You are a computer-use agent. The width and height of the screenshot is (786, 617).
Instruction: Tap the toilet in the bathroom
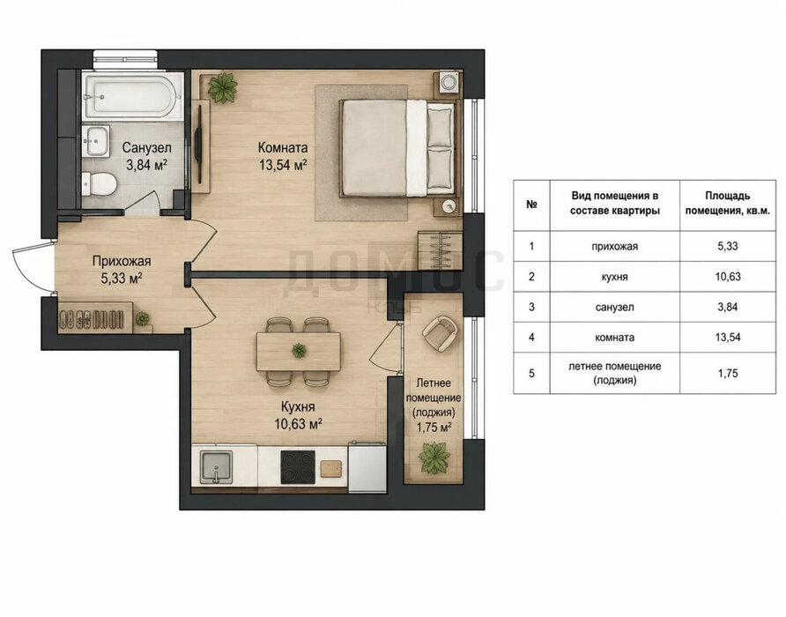click(x=100, y=183)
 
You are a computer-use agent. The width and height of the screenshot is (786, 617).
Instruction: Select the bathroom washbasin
click(x=95, y=141)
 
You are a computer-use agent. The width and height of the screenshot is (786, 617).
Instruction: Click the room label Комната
click(x=283, y=148)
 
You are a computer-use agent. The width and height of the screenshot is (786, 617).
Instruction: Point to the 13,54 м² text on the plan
click(x=283, y=165)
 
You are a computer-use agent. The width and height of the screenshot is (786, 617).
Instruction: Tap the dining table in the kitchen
click(x=299, y=352)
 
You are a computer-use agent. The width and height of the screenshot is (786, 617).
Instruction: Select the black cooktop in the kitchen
click(x=298, y=467)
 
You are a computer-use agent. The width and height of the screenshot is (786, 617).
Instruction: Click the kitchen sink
click(x=216, y=467)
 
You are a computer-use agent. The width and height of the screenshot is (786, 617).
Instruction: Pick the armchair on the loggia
click(x=440, y=333)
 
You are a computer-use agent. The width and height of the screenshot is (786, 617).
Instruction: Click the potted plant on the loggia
click(x=434, y=457)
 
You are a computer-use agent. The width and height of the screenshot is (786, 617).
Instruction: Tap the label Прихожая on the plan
click(x=122, y=262)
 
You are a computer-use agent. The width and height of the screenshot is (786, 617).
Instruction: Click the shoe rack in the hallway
click(x=95, y=317)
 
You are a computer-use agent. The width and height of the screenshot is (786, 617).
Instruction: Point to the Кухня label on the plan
click(x=298, y=406)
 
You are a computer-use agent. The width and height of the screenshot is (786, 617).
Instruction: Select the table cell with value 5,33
click(x=727, y=246)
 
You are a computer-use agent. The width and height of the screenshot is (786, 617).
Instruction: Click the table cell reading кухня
click(x=614, y=277)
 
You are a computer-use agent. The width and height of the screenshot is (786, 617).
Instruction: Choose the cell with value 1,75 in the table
click(x=727, y=373)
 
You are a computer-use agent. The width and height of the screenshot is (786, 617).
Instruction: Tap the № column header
click(x=532, y=204)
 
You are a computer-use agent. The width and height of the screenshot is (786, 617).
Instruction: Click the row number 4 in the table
click(x=532, y=338)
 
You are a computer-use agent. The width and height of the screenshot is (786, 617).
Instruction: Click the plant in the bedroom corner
click(x=223, y=88)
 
